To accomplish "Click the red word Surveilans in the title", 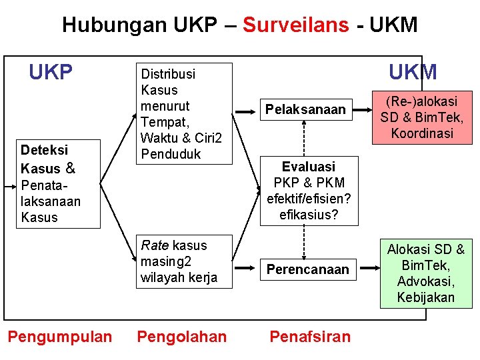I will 295,25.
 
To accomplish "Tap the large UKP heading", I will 51,72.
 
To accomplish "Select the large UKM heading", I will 413,72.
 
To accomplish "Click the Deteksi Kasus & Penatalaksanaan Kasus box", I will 58,184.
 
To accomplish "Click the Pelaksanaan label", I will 305,109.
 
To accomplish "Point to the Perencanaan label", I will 307,269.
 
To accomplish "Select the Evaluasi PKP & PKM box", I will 308,191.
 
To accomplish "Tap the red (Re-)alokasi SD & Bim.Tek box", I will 421,117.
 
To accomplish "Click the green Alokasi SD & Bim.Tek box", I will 425,273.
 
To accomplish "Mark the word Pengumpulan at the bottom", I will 60,337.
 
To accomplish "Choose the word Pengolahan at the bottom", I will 181,337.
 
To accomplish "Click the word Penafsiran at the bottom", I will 309,337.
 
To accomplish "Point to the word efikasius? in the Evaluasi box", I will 308,215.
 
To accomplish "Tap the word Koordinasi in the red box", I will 421,133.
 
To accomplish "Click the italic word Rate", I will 154,245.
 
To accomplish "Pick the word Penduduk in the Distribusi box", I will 169,153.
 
